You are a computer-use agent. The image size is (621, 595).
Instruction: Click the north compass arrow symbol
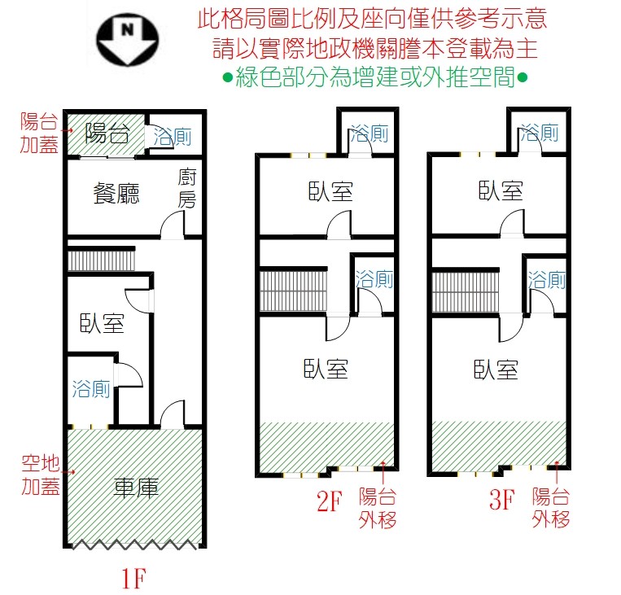click(x=128, y=39)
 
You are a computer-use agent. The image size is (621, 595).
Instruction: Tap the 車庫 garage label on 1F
click(x=136, y=488)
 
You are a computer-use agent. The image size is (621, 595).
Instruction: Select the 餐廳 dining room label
click(x=116, y=194)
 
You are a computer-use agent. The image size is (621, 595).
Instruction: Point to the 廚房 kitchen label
click(x=186, y=188)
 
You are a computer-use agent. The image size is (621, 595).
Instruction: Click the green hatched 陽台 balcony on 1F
click(x=106, y=134)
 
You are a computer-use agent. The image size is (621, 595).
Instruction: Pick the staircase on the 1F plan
click(x=102, y=260)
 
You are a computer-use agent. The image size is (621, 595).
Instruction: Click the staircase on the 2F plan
click(x=294, y=291)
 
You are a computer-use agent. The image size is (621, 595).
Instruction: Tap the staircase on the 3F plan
click(x=466, y=292)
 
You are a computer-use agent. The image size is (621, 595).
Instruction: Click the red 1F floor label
click(x=133, y=579)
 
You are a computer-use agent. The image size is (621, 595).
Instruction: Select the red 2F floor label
click(x=330, y=501)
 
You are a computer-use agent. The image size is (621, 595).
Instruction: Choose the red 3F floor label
click(x=502, y=499)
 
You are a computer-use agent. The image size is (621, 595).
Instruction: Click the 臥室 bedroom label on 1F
click(x=103, y=323)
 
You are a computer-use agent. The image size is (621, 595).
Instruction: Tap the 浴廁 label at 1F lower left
click(x=91, y=388)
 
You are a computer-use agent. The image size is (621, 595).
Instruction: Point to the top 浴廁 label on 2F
click(x=369, y=133)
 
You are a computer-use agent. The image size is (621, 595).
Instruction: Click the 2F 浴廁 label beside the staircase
click(x=374, y=279)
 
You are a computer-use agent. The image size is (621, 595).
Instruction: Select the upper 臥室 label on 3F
click(x=501, y=190)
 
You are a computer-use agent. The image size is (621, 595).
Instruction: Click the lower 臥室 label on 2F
click(x=326, y=369)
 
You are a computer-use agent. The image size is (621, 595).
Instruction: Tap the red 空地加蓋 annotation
click(x=41, y=475)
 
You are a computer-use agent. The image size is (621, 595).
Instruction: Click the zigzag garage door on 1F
click(x=134, y=545)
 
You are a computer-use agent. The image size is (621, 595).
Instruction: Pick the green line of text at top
click(x=375, y=77)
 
